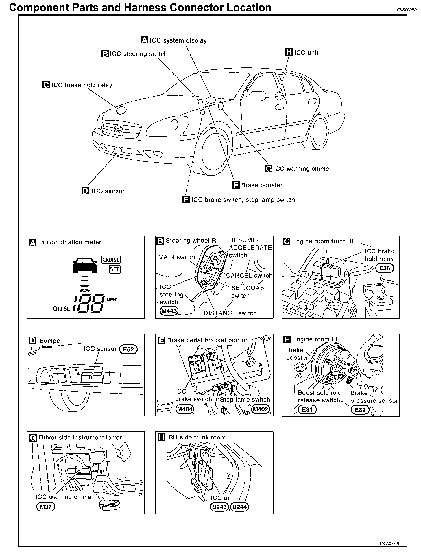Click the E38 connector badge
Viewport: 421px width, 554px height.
pos(385,268)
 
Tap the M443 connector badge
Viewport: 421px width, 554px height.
pos(169,311)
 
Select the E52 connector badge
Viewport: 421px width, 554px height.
pos(128,349)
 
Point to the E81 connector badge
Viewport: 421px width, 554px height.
pos(307,410)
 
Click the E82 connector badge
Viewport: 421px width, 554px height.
pos(360,410)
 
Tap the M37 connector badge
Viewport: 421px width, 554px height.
pos(46,507)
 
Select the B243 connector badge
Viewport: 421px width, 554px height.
pos(219,507)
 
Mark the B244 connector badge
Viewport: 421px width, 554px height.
pos(240,507)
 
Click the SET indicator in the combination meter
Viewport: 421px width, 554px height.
pos(115,269)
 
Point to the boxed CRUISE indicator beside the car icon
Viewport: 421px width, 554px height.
pos(111,260)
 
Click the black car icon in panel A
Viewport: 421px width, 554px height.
pos(84,266)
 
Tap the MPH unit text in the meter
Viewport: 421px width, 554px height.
pos(112,300)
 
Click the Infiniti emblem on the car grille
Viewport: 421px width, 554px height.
pos(118,129)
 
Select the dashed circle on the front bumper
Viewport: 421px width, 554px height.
pos(117,151)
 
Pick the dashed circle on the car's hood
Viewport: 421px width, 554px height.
pos(121,110)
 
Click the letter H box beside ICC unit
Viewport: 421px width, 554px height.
pos(289,52)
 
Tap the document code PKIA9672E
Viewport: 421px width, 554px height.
pos(390,544)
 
